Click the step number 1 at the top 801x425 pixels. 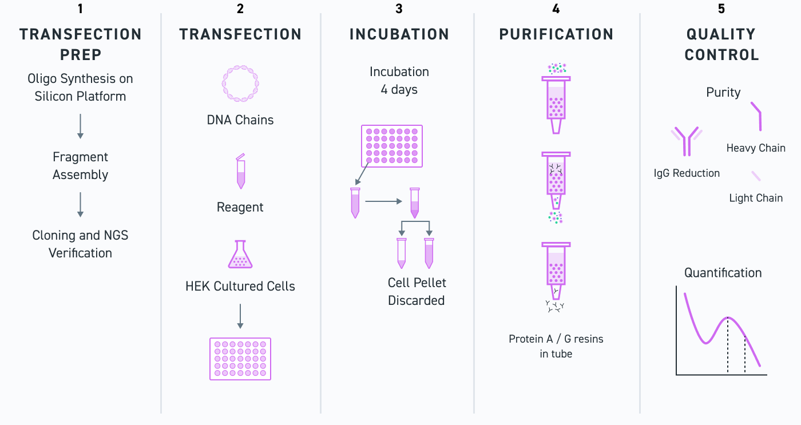80,9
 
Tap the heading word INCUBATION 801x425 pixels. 399,34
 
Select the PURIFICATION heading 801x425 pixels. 556,34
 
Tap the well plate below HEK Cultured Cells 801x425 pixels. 240,359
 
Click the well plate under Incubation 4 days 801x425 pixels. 392,146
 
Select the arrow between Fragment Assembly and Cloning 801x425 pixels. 80,205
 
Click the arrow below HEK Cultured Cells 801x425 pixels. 240,316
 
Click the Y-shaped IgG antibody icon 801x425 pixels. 687,141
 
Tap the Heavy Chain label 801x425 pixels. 756,148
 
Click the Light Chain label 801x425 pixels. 756,198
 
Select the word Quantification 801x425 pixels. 723,273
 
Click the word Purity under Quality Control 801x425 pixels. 723,92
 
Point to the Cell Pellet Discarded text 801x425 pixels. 417,291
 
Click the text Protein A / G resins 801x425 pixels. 556,339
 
